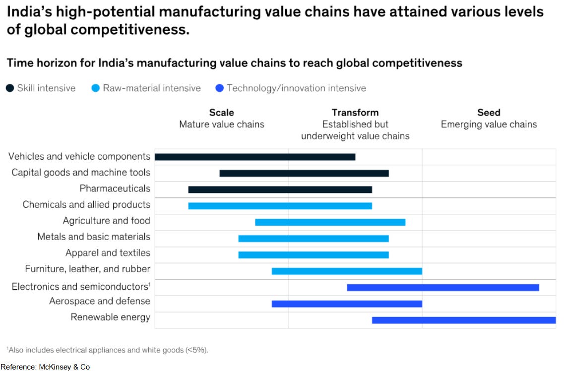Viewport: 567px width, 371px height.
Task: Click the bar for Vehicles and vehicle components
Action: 255,157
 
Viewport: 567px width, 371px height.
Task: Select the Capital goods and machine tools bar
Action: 304,173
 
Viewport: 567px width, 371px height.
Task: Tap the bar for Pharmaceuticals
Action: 280,189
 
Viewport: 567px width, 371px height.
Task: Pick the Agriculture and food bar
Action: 330,222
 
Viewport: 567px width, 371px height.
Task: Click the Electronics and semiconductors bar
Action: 442,287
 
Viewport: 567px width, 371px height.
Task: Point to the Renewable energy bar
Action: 463,320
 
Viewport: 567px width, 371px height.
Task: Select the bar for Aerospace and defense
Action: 347,304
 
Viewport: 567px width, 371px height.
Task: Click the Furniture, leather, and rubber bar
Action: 347,271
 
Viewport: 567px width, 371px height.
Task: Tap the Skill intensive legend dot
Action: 10,88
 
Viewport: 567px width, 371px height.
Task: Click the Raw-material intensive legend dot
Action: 96,88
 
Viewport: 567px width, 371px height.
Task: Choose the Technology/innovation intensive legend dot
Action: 220,88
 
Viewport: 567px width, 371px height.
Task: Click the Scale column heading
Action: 222,113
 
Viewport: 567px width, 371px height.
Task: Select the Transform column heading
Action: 355,113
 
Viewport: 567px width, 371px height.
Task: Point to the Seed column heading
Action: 489,113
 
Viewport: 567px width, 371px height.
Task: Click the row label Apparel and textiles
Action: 108,253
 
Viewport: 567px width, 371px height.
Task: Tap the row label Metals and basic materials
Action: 94,237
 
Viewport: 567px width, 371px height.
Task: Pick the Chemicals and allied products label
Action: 86,204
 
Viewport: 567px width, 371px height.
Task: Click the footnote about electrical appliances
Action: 108,350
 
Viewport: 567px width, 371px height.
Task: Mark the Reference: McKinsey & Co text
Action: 45,367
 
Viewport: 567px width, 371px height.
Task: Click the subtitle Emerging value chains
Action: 489,124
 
